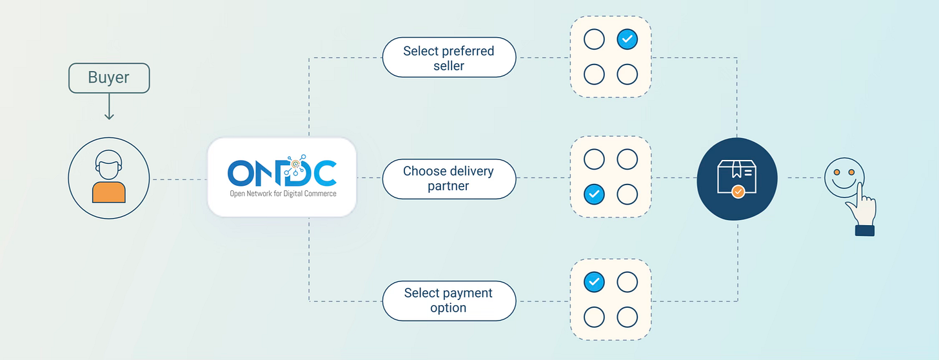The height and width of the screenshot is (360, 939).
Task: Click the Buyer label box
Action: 109,78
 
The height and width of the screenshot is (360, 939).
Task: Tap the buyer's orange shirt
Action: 108,192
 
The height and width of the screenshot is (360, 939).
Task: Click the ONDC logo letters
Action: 282,172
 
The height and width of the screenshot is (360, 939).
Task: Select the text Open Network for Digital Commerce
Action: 282,194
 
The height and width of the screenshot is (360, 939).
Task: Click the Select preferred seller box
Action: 449,58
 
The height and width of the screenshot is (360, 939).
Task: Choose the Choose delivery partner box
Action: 449,179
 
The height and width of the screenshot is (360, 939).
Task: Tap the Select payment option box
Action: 449,300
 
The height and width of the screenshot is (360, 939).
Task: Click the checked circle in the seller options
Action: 627,40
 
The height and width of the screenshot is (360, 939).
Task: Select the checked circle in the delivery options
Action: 594,194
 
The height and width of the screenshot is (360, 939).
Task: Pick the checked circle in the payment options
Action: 594,282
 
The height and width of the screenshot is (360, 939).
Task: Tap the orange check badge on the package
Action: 739,192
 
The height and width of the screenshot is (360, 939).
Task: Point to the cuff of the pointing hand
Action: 865,230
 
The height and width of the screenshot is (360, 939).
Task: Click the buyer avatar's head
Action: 108,164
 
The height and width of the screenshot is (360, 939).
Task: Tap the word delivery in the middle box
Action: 472,172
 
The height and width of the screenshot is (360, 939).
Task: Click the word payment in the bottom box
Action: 458,293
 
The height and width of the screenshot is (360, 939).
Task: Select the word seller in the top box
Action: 449,66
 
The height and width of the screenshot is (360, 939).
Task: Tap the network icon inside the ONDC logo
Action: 296,163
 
